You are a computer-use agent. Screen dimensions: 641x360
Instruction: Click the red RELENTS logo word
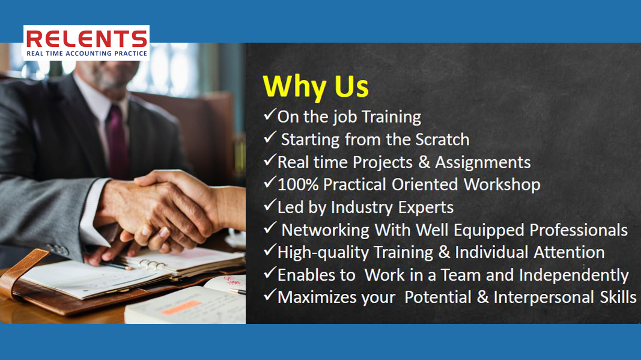click(x=87, y=38)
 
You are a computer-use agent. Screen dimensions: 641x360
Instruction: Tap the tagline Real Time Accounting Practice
click(x=87, y=53)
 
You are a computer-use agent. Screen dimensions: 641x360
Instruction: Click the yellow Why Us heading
click(x=315, y=87)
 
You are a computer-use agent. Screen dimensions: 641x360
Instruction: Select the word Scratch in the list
click(x=442, y=139)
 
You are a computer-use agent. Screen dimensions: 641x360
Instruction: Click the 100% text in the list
click(x=298, y=185)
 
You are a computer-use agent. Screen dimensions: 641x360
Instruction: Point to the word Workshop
click(x=502, y=185)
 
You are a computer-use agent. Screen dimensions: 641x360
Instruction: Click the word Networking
click(x=326, y=230)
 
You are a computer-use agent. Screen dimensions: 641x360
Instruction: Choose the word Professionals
click(x=579, y=230)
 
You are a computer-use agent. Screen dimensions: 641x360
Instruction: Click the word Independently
click(x=574, y=275)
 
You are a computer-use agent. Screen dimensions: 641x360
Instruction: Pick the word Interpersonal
click(x=544, y=297)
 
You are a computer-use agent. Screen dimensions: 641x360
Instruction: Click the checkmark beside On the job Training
click(x=270, y=114)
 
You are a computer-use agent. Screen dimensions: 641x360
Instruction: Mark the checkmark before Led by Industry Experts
click(x=270, y=205)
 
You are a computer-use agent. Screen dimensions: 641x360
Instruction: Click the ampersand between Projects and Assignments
click(x=424, y=162)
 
